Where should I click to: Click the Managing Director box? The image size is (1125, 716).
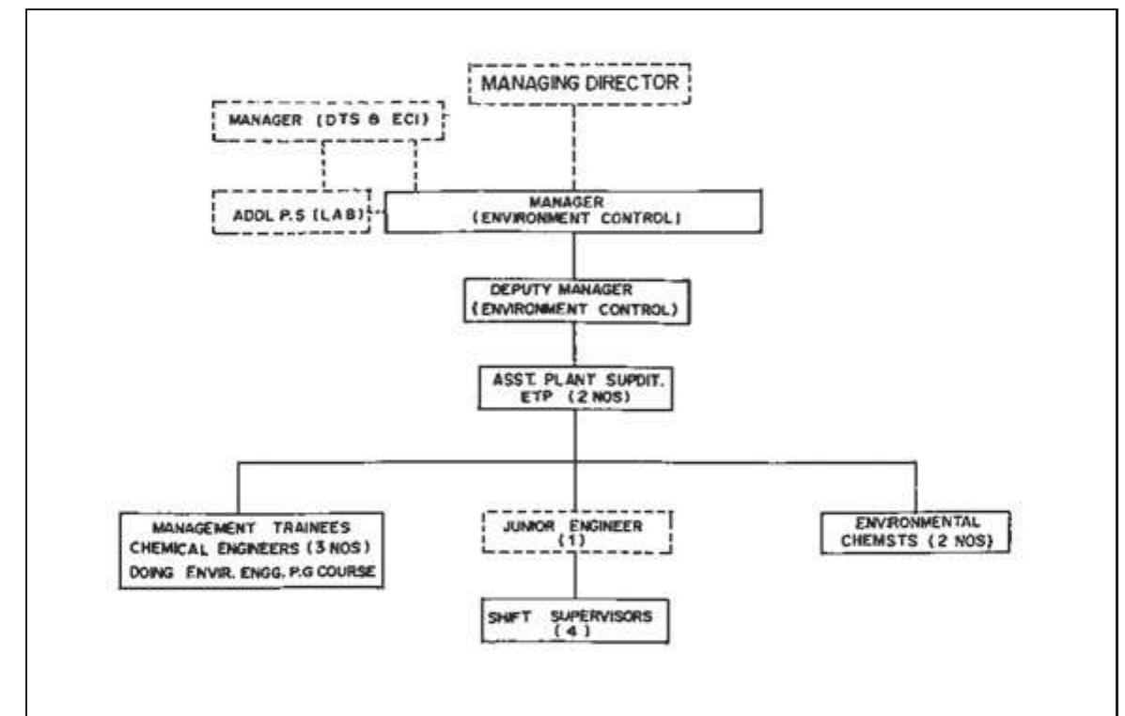point(580,83)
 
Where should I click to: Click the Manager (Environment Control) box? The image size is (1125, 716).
point(572,210)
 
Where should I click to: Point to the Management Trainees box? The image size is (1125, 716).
point(253,550)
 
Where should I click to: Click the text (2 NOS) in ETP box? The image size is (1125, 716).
point(609,397)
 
